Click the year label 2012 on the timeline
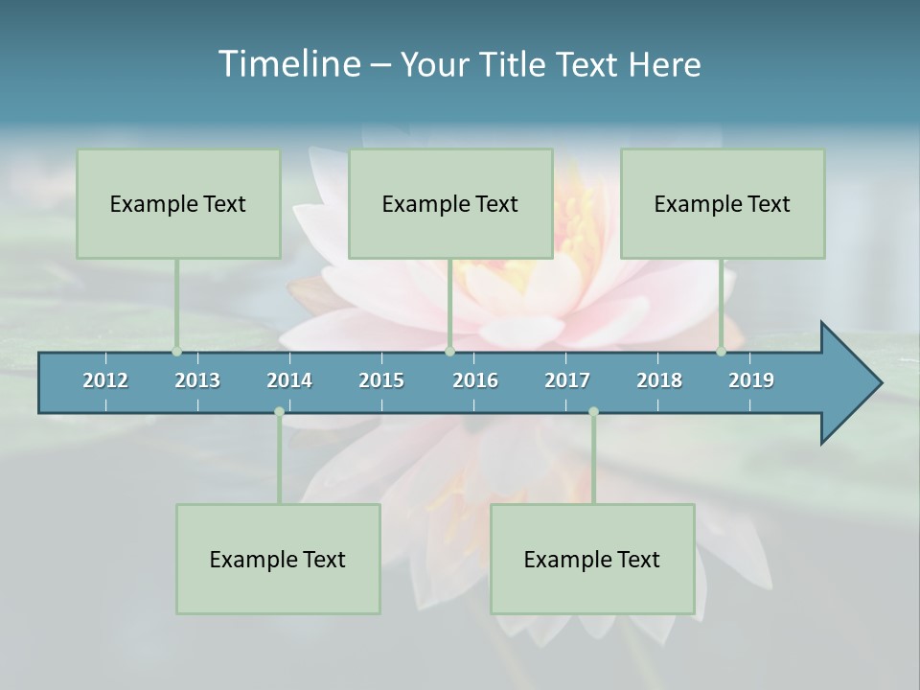click(x=105, y=380)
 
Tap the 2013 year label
click(x=197, y=380)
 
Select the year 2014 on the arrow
click(x=289, y=380)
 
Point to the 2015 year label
click(x=381, y=380)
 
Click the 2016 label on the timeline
click(x=475, y=380)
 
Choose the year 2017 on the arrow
click(x=567, y=380)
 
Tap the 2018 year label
click(x=659, y=380)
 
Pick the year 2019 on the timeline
click(x=751, y=380)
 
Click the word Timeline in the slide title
click(x=288, y=64)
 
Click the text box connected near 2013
click(x=178, y=204)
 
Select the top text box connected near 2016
click(x=450, y=204)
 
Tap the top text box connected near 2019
click(x=723, y=204)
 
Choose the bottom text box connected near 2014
click(x=278, y=560)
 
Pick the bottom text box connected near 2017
click(x=592, y=560)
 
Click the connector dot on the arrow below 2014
click(x=279, y=412)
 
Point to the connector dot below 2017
click(x=593, y=412)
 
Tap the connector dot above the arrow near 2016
click(x=449, y=352)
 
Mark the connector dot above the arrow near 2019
click(x=721, y=352)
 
